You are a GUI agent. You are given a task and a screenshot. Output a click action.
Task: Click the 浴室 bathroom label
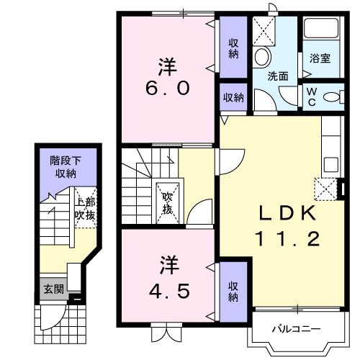320,58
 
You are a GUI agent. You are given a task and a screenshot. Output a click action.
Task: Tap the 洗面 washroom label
278,76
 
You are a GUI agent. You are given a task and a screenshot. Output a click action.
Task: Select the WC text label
312,96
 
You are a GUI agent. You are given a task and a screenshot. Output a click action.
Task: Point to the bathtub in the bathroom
321,28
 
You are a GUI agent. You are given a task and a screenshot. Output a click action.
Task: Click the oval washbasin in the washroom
262,57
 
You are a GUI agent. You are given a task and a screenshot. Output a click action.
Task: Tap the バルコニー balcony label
296,329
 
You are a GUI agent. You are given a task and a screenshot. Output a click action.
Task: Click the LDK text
287,213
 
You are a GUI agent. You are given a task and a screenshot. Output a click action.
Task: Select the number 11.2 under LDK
287,238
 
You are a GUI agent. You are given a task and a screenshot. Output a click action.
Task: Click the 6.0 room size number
168,88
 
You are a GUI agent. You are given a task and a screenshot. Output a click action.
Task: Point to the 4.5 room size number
169,292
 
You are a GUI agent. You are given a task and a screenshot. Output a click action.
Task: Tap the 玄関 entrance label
54,289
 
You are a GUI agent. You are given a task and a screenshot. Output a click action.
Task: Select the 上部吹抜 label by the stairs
85,209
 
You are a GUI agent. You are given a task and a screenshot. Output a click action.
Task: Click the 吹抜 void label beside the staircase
167,203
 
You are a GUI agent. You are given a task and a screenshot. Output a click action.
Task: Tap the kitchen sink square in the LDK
331,165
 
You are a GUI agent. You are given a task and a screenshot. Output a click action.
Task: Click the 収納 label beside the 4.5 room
233,292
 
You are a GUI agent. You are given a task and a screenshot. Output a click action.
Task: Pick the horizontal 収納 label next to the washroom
233,98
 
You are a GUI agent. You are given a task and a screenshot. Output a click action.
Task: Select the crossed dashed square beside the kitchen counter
325,189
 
